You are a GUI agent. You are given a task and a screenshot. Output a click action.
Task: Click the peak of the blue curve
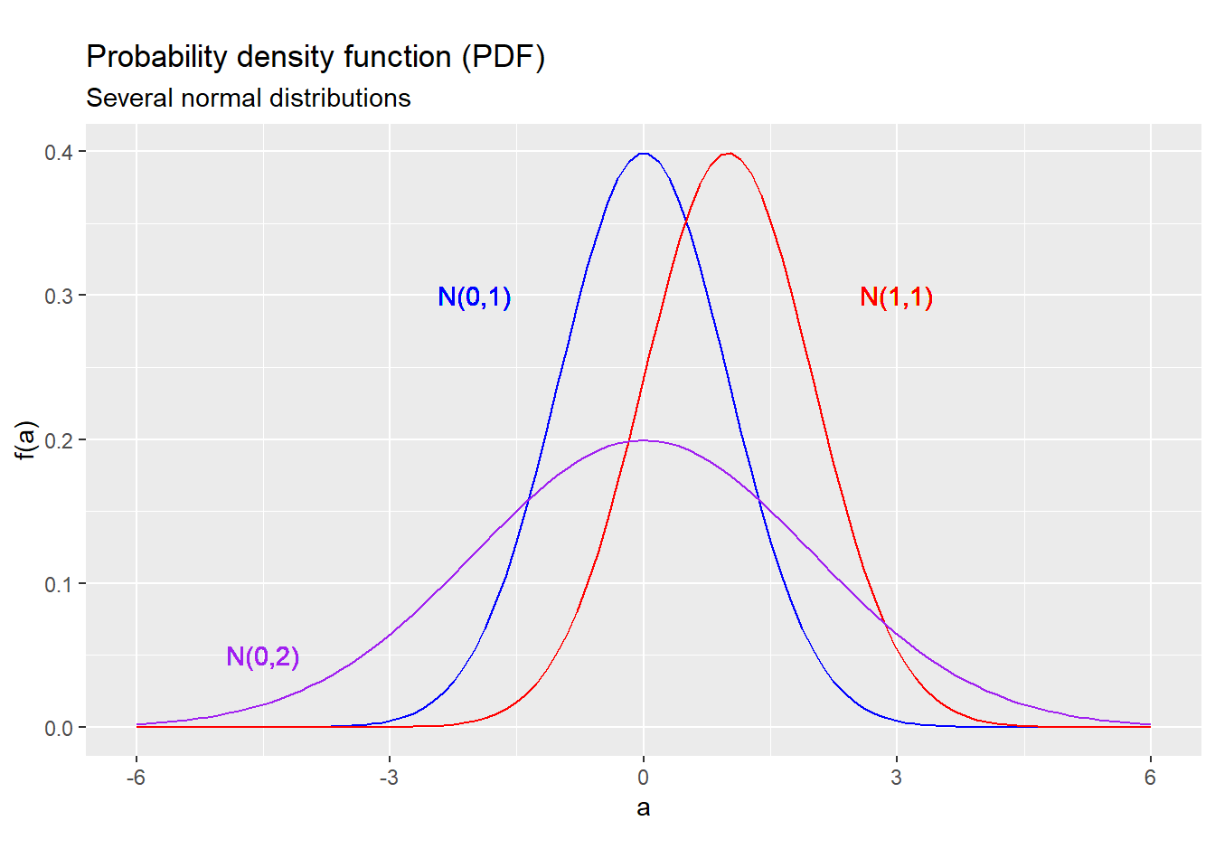click(x=643, y=154)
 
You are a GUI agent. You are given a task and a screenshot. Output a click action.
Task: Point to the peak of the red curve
click(x=728, y=154)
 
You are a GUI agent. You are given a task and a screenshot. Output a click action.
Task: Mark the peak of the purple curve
click(x=643, y=440)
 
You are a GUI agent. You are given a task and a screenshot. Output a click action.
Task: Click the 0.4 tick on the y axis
click(x=59, y=152)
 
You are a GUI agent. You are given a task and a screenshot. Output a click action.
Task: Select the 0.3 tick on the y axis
click(x=59, y=296)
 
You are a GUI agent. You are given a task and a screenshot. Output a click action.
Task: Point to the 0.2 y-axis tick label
click(x=59, y=440)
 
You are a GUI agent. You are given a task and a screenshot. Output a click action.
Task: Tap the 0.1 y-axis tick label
click(x=59, y=584)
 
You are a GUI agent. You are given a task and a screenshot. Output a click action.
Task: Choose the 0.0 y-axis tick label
click(x=59, y=728)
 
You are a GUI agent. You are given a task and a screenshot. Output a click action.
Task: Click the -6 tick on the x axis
click(x=136, y=778)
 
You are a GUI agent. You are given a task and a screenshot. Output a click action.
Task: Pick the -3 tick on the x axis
click(x=389, y=778)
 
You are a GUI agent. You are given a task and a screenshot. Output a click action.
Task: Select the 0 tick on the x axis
click(x=643, y=778)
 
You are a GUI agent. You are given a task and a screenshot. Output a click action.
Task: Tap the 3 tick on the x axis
click(x=896, y=778)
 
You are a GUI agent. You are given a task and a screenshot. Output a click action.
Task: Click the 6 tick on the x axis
click(x=1150, y=778)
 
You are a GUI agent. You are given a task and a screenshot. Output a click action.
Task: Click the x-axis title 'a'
click(x=643, y=807)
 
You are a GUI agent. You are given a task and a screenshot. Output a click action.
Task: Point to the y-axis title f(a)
click(x=25, y=440)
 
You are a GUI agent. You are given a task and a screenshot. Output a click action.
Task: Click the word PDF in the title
click(x=502, y=57)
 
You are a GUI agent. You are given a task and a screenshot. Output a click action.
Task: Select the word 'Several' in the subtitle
click(x=128, y=98)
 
